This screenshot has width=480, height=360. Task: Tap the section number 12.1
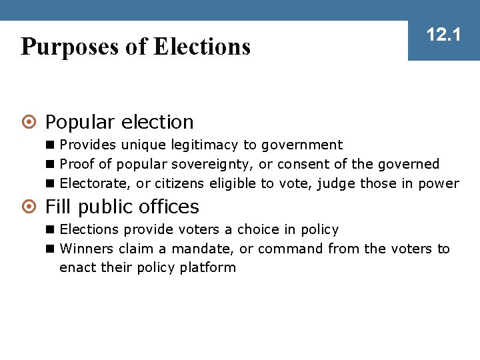(x=444, y=35)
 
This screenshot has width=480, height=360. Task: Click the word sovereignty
(x=220, y=164)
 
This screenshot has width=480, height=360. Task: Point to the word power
(x=439, y=183)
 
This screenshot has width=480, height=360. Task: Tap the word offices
(x=169, y=207)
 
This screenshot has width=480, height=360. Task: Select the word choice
(x=259, y=229)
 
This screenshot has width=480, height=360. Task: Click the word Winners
(x=87, y=249)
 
